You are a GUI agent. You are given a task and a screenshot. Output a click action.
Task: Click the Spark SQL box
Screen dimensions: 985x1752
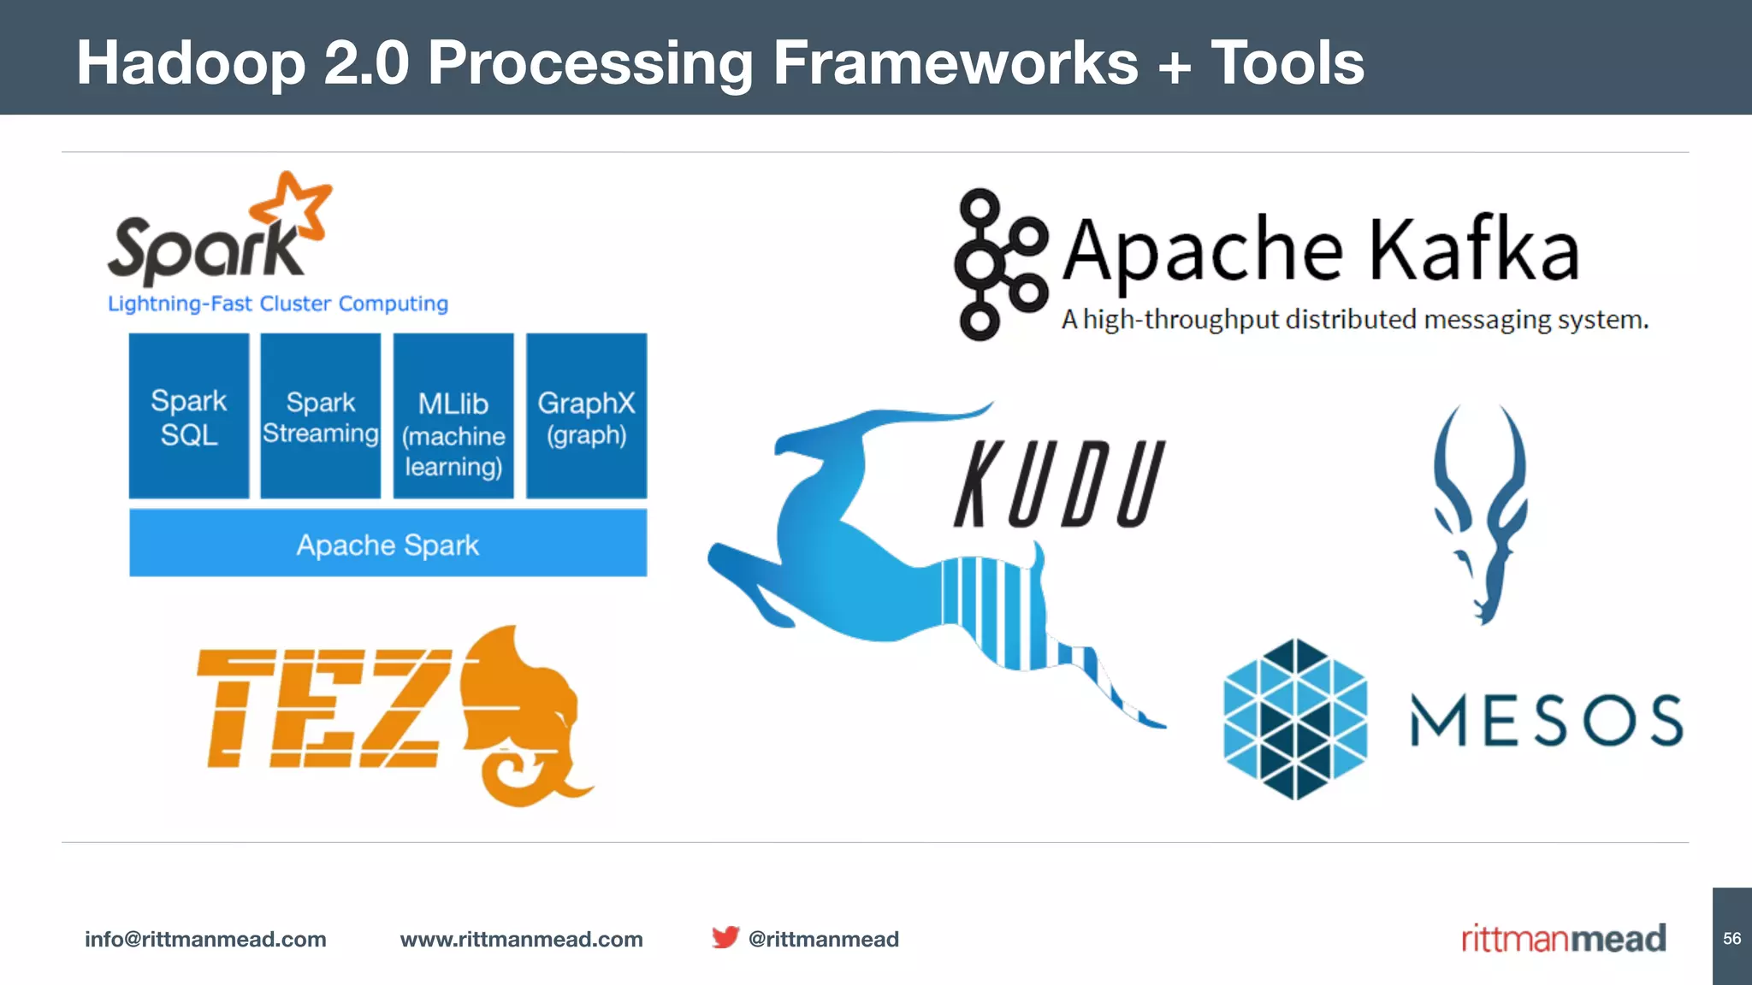(189, 416)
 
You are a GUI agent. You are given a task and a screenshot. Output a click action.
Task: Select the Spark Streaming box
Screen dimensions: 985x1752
(321, 416)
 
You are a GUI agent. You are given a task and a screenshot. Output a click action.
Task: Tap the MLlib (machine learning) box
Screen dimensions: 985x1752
(453, 416)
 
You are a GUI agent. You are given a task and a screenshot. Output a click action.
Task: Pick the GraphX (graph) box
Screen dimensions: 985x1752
(587, 416)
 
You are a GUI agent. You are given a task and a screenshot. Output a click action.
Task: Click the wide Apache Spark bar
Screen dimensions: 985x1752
(388, 544)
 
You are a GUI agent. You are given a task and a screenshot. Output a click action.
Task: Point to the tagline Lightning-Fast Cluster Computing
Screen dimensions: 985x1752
(278, 304)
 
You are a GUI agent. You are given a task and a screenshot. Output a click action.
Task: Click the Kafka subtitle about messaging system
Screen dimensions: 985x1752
(1354, 320)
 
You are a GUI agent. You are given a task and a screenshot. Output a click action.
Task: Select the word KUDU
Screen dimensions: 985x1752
(1059, 484)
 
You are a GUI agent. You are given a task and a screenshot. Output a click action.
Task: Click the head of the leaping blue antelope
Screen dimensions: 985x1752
(821, 440)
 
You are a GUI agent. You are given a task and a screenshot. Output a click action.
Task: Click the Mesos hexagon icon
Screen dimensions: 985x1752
(1295, 719)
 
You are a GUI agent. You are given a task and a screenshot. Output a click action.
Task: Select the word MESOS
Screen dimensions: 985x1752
(1546, 720)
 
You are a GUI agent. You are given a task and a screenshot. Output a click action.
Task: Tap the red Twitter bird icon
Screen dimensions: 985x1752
(725, 937)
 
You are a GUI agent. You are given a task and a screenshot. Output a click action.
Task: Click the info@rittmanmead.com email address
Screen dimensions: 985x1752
(205, 939)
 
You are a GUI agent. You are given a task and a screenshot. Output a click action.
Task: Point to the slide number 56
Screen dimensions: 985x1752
(1731, 938)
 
